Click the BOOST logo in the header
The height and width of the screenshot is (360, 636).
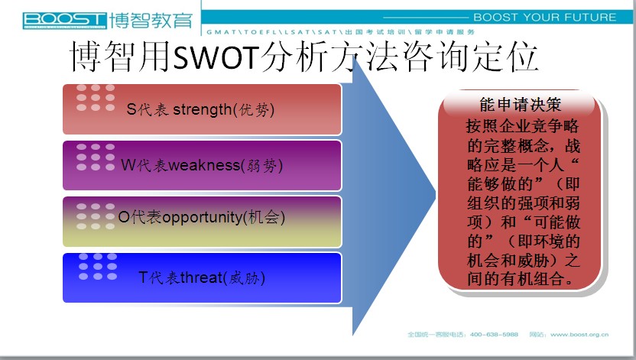(64, 21)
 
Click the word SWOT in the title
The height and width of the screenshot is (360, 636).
(216, 57)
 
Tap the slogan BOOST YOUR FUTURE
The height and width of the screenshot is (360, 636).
(545, 18)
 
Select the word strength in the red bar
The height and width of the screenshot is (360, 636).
(202, 110)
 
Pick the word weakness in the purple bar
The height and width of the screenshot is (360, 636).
(204, 165)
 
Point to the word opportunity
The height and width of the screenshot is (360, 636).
(202, 218)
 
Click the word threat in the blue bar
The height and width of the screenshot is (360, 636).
(201, 277)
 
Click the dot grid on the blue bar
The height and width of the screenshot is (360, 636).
(98, 266)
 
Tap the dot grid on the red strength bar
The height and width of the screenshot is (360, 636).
(96, 98)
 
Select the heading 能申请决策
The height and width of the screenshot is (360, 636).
(521, 105)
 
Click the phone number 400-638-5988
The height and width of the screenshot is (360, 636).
(494, 335)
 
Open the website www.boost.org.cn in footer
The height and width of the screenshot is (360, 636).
(579, 335)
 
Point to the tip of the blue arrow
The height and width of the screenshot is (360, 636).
(436, 196)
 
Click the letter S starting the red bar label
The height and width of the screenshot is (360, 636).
(131, 109)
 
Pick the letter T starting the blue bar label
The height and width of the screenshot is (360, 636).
(143, 277)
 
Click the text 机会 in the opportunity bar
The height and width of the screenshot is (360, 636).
(263, 218)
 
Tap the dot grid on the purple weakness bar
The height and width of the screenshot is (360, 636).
(96, 157)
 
